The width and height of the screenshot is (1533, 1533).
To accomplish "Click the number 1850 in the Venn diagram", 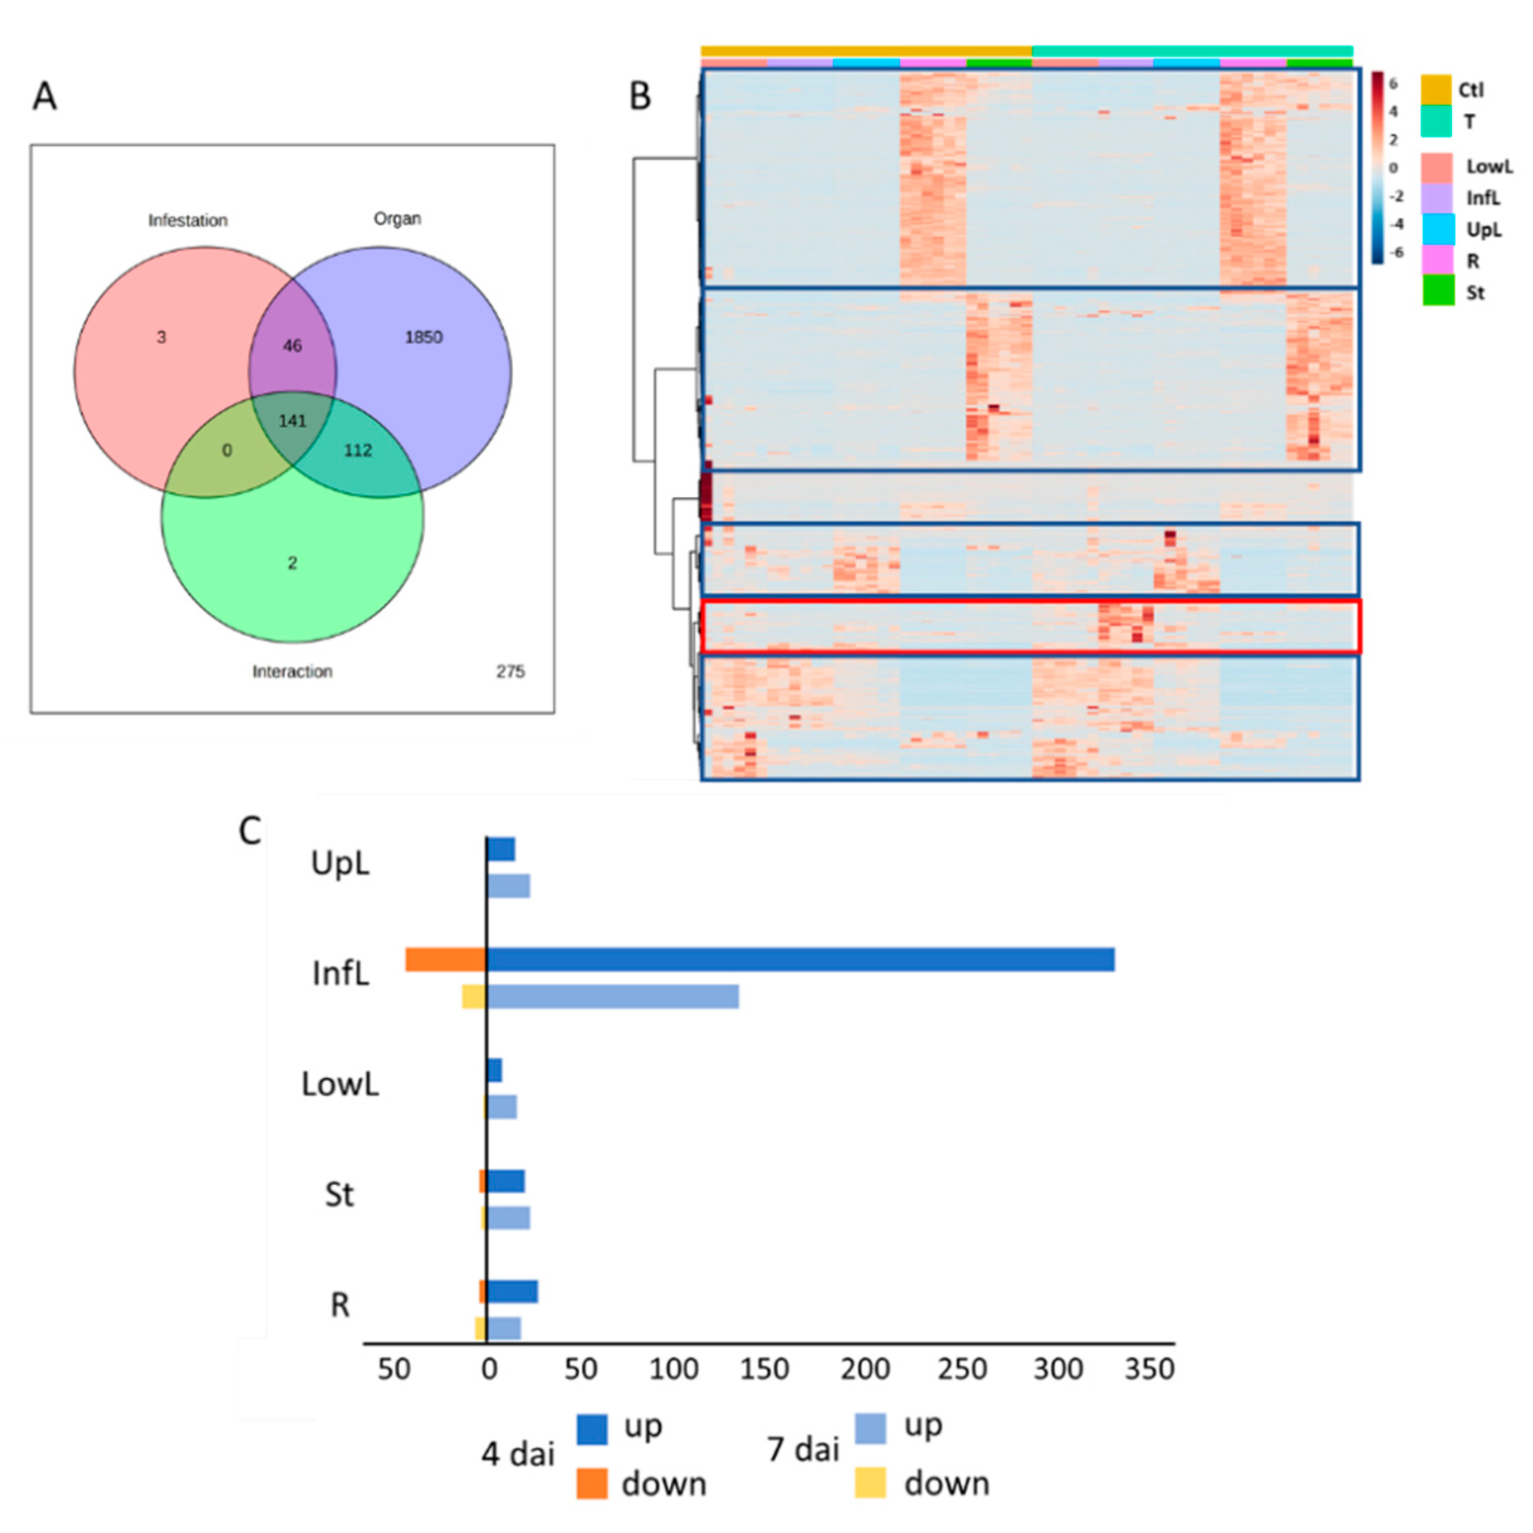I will pyautogui.click(x=423, y=337).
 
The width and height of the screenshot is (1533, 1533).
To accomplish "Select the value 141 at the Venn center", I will pyautogui.click(x=292, y=420).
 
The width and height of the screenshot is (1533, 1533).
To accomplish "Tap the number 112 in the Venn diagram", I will pyautogui.click(x=358, y=450).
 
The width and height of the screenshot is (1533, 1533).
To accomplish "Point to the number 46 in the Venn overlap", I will pyautogui.click(x=292, y=346).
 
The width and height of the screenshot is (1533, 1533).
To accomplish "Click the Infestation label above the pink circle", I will pyautogui.click(x=188, y=221).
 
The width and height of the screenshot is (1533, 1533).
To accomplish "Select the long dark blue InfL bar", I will pyautogui.click(x=800, y=959).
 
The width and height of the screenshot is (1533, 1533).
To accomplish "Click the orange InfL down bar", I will pyautogui.click(x=445, y=959).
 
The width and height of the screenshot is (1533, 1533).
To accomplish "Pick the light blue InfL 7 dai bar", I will pyautogui.click(x=613, y=996).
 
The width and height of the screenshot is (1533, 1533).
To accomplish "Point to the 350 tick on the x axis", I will pyautogui.click(x=1149, y=1369).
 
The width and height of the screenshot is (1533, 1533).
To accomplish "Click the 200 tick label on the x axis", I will pyautogui.click(x=865, y=1369).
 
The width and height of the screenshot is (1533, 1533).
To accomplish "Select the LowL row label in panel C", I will pyautogui.click(x=340, y=1084).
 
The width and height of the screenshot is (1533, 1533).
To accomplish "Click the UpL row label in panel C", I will pyautogui.click(x=340, y=863).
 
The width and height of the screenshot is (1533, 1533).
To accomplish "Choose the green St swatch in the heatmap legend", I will pyautogui.click(x=1438, y=290).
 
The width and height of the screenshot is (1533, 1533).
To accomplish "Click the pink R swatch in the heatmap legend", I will pyautogui.click(x=1437, y=259).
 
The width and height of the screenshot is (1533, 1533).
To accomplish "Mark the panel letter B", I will pyautogui.click(x=640, y=96).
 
